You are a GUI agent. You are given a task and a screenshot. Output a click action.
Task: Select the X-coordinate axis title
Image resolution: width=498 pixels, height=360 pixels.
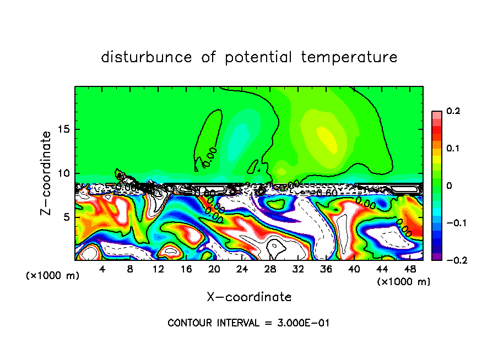click(x=249, y=297)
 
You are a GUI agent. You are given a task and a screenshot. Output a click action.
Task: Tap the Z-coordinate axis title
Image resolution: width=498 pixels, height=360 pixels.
click(x=46, y=173)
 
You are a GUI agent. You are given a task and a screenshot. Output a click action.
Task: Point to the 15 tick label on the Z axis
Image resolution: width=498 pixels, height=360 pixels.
click(x=64, y=130)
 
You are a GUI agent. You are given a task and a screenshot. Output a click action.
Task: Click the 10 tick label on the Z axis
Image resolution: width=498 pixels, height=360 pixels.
click(x=64, y=173)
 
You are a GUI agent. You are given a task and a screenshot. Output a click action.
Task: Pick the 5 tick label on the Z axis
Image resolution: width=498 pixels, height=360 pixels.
click(x=67, y=217)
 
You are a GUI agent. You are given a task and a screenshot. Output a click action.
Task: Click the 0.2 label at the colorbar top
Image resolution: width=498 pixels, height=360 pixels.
click(x=453, y=111)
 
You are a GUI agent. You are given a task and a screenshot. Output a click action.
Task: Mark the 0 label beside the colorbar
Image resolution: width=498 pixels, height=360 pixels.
click(x=448, y=186)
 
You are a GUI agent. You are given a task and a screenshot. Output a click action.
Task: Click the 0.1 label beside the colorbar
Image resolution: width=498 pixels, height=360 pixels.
click(x=453, y=149)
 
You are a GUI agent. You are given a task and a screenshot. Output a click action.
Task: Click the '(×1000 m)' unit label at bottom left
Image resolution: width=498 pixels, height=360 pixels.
click(x=52, y=276)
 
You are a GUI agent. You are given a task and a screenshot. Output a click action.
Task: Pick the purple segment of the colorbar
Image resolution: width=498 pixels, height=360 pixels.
click(x=436, y=257)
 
